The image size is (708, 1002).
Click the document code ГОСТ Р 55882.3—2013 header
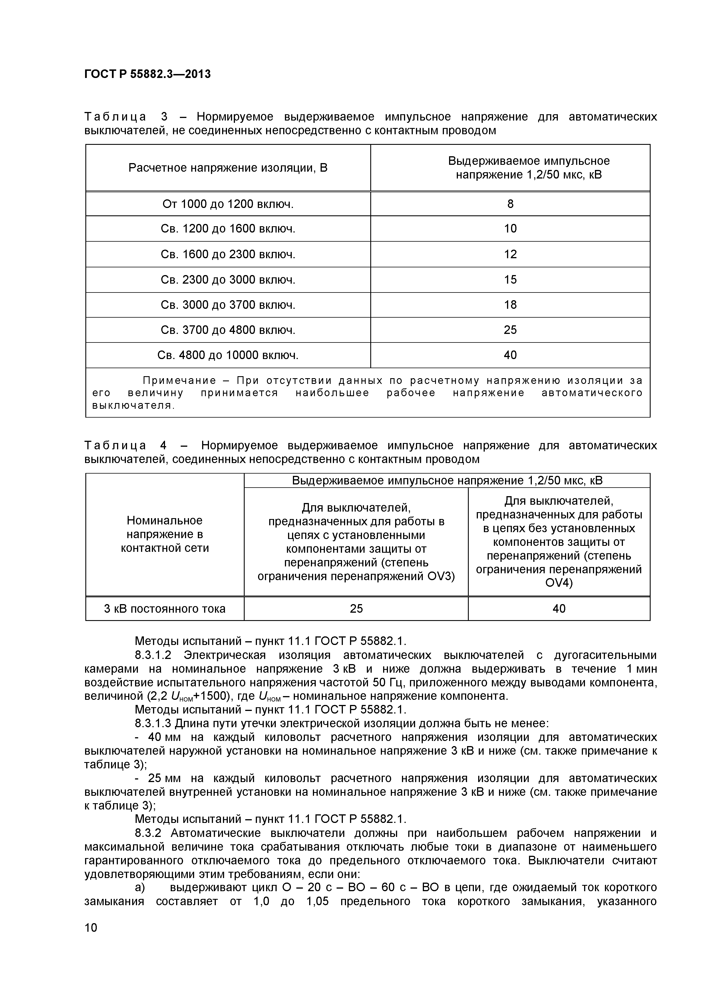pos(147,74)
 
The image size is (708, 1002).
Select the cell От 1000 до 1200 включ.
pos(228,204)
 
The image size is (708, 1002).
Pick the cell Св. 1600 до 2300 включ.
pos(228,254)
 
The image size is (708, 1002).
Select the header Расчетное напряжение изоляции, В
pos(228,168)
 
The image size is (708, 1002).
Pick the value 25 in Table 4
pos(356,608)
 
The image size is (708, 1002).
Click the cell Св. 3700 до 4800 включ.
pos(228,330)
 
